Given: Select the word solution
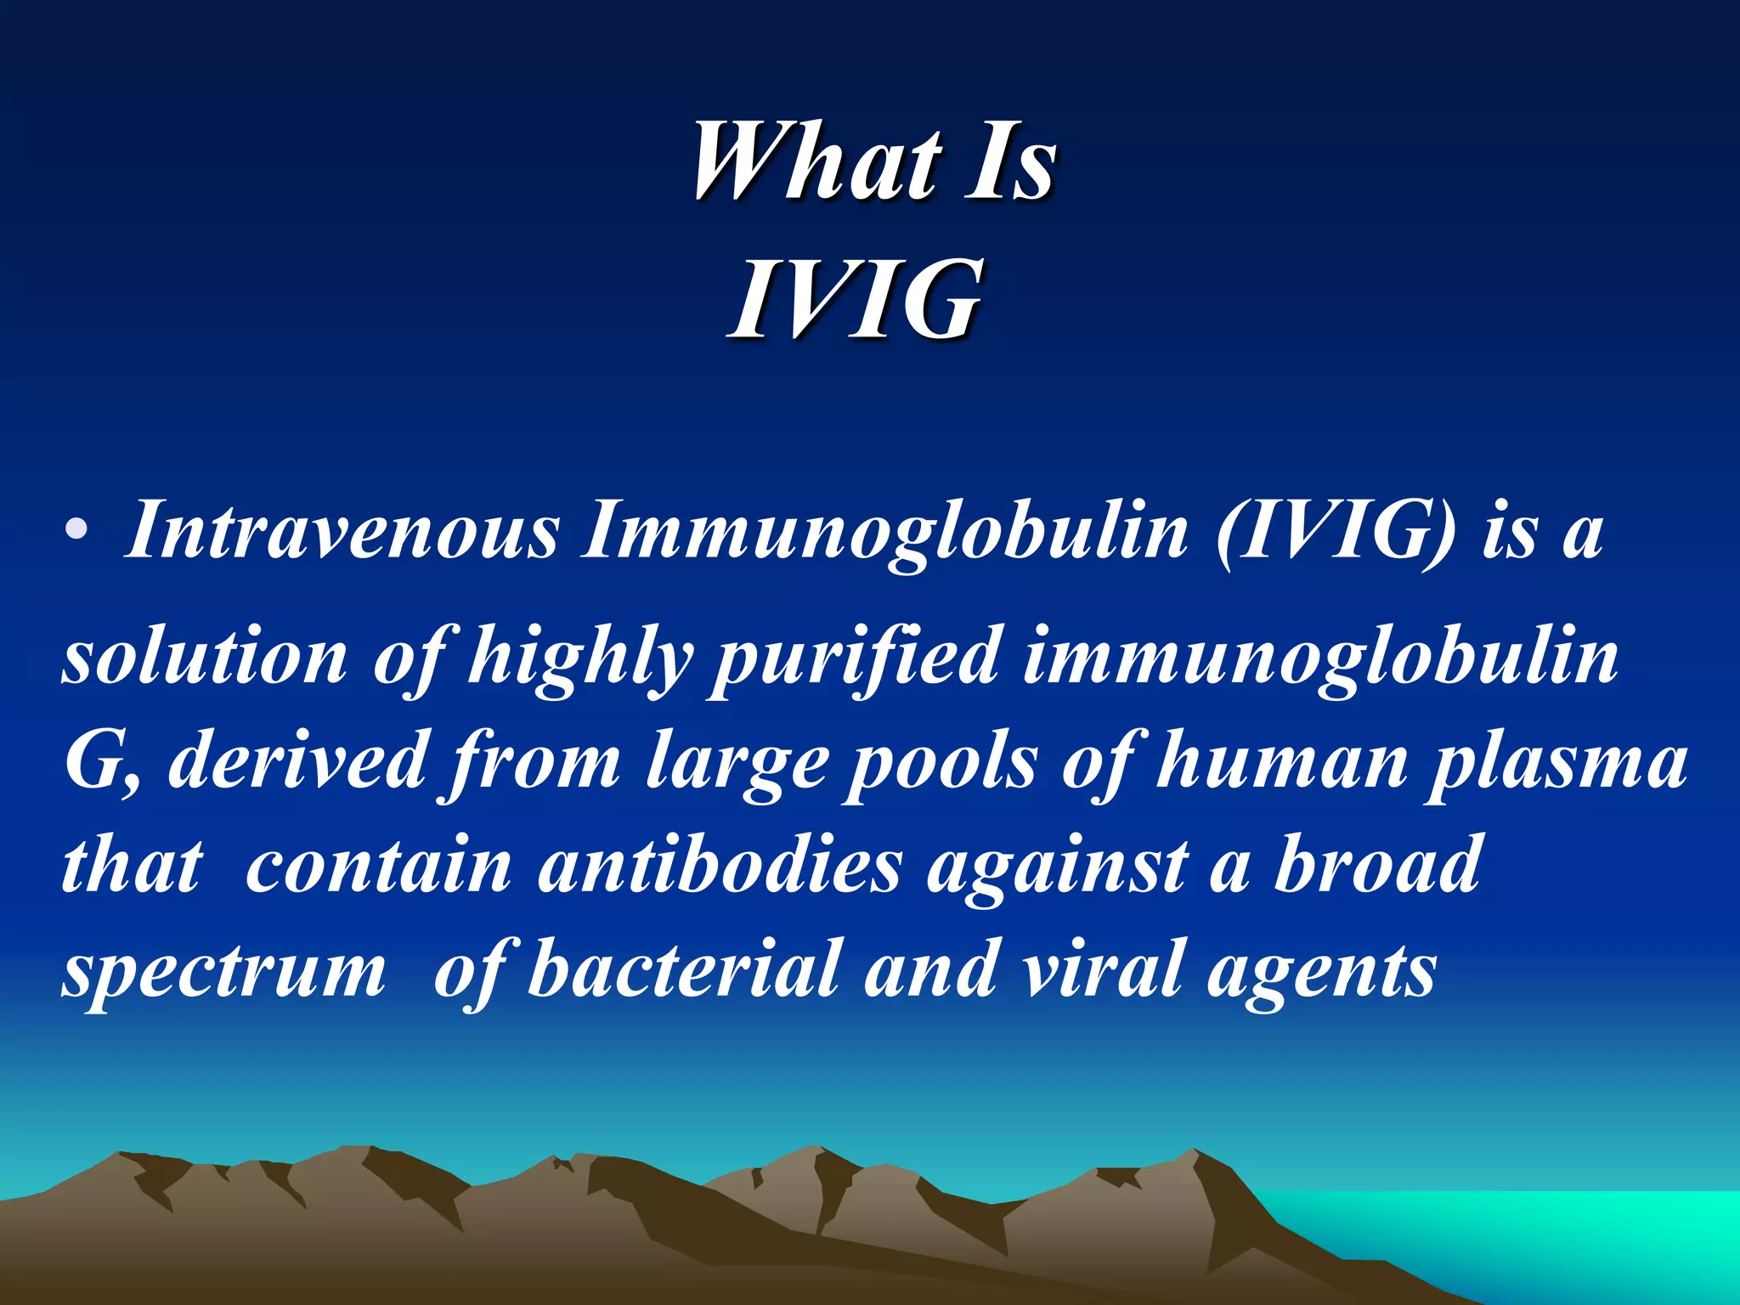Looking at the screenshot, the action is point(205,655).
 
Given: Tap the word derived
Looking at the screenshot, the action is point(297,760).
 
